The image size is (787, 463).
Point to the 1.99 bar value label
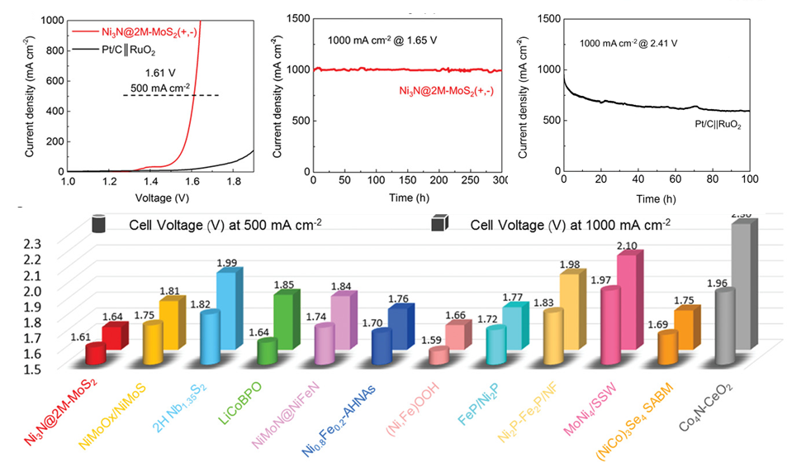226,264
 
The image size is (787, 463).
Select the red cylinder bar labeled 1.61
96,353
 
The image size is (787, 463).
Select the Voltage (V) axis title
162,198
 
